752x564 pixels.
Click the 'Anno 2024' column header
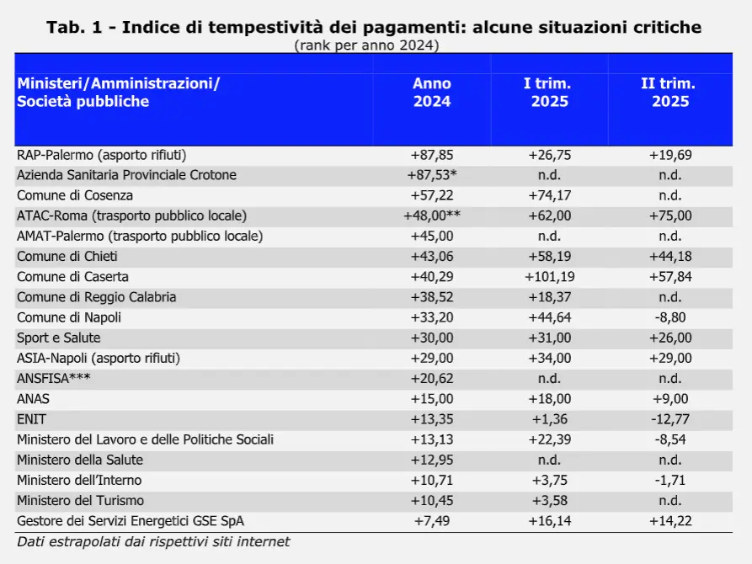coord(432,92)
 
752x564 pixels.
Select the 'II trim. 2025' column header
coord(670,92)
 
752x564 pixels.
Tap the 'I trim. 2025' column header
coord(549,92)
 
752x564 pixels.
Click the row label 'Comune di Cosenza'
coord(75,195)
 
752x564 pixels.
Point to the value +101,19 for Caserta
coord(550,277)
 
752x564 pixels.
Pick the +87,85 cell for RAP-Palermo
coord(432,155)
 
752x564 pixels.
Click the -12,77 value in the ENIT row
coord(670,419)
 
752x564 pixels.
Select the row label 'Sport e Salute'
coord(58,338)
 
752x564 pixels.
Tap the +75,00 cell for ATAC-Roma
coord(670,215)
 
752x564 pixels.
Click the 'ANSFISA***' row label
coord(53,379)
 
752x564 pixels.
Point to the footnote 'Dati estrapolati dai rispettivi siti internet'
coord(153,542)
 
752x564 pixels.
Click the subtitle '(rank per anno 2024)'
coord(367,45)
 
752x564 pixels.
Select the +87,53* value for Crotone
coord(432,175)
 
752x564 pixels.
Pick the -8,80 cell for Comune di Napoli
coord(670,317)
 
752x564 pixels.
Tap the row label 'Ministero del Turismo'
coord(80,501)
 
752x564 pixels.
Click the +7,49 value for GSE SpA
coord(432,521)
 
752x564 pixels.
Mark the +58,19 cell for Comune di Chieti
coord(550,257)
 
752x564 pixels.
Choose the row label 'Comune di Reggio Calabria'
coord(96,297)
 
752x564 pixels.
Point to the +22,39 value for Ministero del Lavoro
coord(550,439)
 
